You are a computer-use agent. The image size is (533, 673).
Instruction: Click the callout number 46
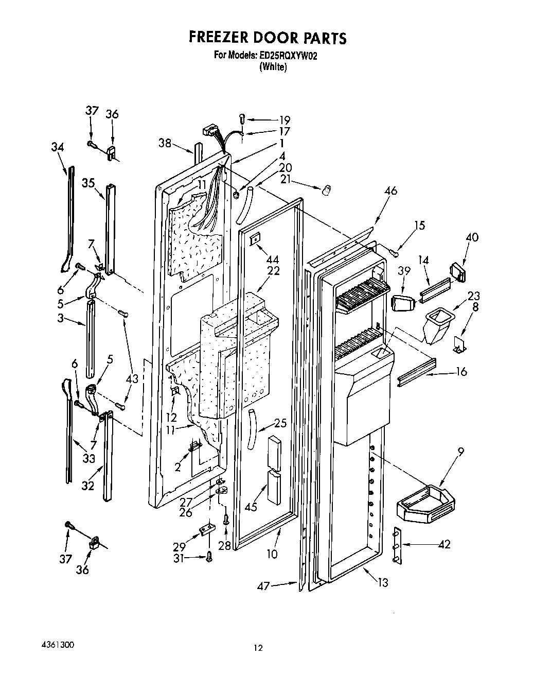click(390, 191)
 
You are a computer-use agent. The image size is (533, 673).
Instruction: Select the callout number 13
click(382, 583)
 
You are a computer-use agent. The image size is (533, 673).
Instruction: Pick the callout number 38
click(165, 143)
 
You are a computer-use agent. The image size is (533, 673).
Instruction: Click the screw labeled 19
click(243, 119)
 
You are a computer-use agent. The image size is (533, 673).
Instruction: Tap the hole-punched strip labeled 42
click(397, 545)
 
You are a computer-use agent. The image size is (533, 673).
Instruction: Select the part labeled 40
click(456, 271)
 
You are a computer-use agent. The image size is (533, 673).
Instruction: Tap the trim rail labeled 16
click(417, 371)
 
